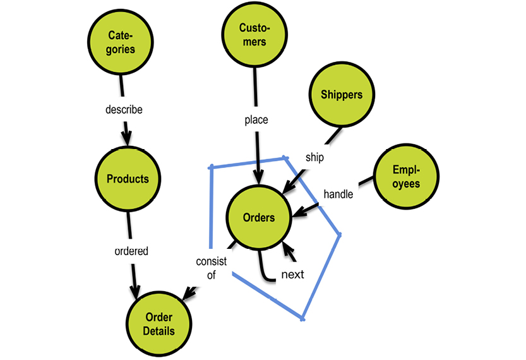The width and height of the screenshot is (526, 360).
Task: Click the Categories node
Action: [121, 42]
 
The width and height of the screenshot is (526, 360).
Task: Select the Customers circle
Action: [253, 35]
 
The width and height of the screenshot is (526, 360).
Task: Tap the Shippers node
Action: [341, 95]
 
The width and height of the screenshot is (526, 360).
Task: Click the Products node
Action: [128, 179]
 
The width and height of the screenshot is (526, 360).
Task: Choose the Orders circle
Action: [259, 217]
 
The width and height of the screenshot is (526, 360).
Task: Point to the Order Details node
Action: [159, 324]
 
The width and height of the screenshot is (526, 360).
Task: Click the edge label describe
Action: [124, 109]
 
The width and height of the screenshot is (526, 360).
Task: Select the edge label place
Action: [256, 119]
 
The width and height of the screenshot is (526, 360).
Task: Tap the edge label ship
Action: [314, 157]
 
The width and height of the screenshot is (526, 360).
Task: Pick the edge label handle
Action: [338, 194]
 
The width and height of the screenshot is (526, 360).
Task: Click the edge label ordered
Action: [131, 251]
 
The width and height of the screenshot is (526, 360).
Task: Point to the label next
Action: [292, 274]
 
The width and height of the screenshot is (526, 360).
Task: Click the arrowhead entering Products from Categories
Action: [127, 140]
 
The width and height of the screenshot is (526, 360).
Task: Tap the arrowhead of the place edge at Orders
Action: [258, 179]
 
